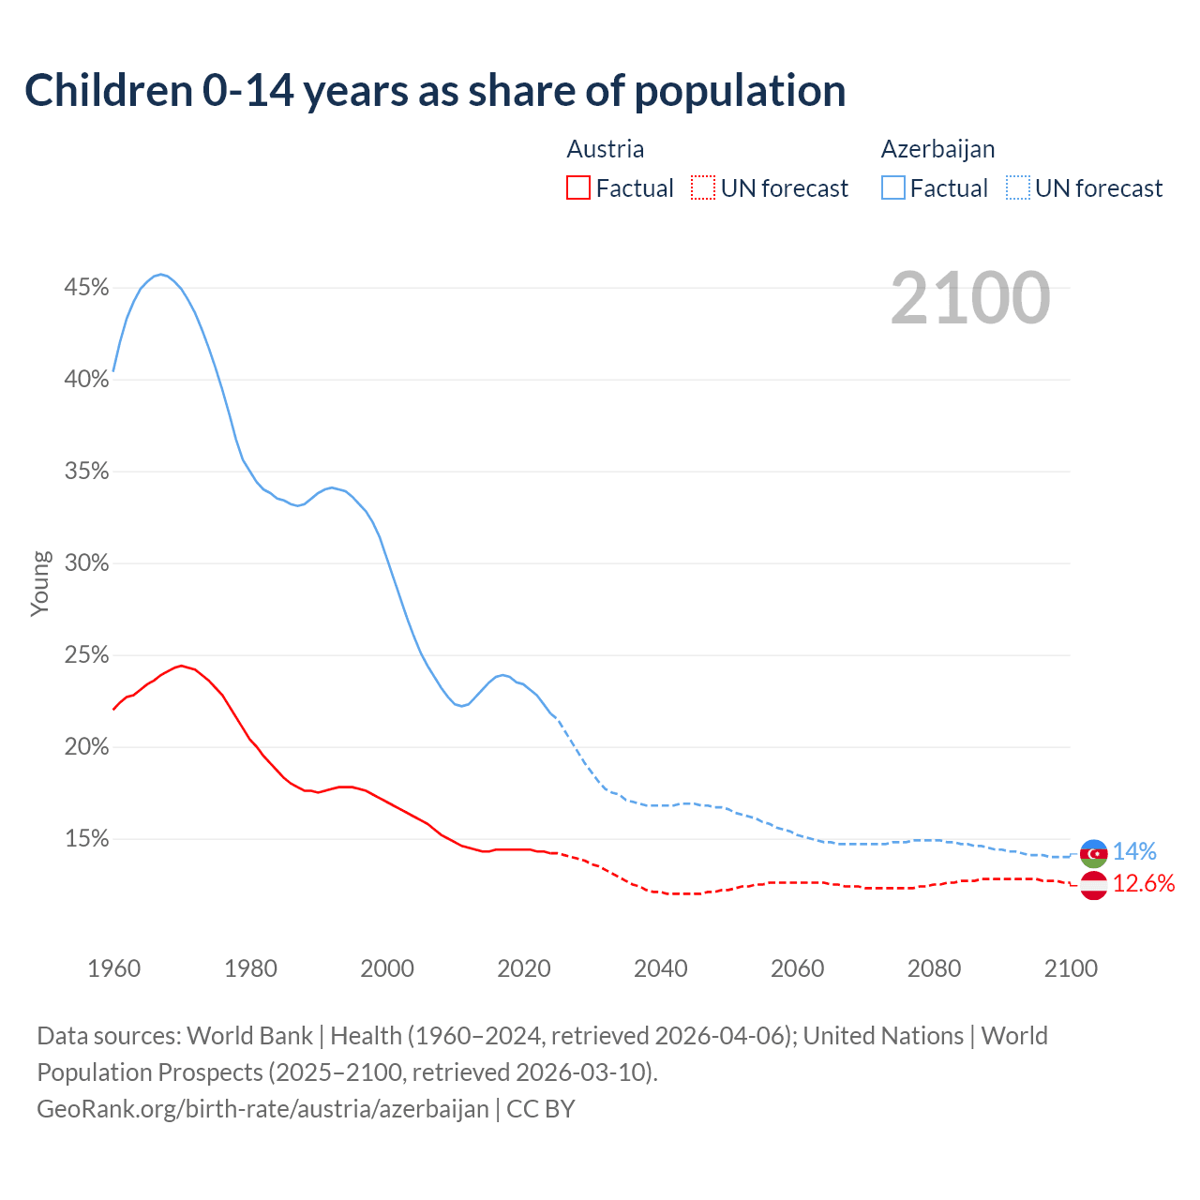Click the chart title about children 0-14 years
pyautogui.click(x=435, y=91)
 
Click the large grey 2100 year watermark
pyautogui.click(x=970, y=298)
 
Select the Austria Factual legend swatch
pyautogui.click(x=578, y=188)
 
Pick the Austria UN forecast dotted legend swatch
pyautogui.click(x=703, y=188)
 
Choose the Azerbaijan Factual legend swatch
pyautogui.click(x=893, y=188)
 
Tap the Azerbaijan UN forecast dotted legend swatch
pyautogui.click(x=1018, y=188)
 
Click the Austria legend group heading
pyautogui.click(x=606, y=149)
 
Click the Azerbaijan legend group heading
pyautogui.click(x=937, y=149)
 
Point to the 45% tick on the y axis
pyautogui.click(x=86, y=288)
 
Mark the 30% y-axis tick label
pyautogui.click(x=86, y=563)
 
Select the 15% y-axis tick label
pyautogui.click(x=86, y=839)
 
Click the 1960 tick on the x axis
pyautogui.click(x=113, y=968)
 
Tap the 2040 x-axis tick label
pyautogui.click(x=660, y=968)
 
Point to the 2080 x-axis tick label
pyautogui.click(x=934, y=968)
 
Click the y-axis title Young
pyautogui.click(x=40, y=583)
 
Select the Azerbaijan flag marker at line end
pyautogui.click(x=1093, y=853)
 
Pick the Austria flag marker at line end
pyautogui.click(x=1093, y=885)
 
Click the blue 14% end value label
pyautogui.click(x=1134, y=852)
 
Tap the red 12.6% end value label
pyautogui.click(x=1144, y=884)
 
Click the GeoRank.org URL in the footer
pyautogui.click(x=262, y=1109)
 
